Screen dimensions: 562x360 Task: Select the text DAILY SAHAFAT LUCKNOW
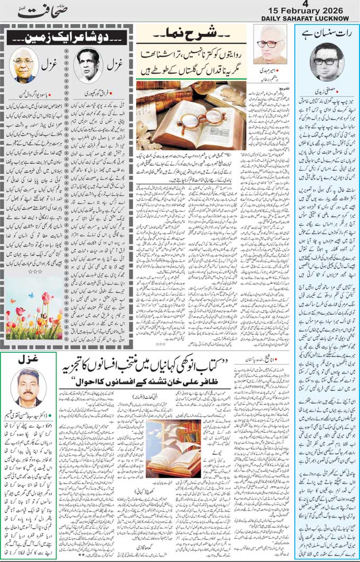pos(310,19)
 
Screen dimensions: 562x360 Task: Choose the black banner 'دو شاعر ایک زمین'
pos(66,38)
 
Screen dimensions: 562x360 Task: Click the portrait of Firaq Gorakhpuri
pos(87,65)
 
